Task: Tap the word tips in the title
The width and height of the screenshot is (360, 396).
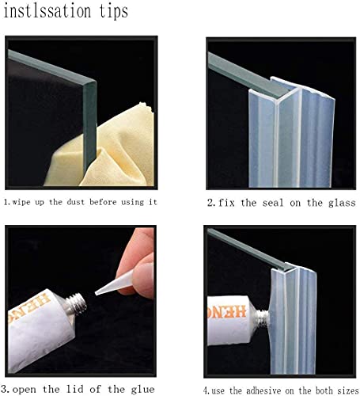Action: click(112, 13)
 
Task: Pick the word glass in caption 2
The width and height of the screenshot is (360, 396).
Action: click(335, 202)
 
